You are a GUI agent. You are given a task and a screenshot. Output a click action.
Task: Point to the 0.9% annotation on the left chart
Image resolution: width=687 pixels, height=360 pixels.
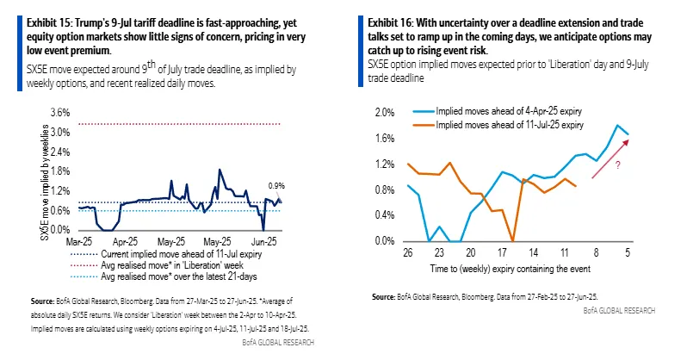[276, 185]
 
